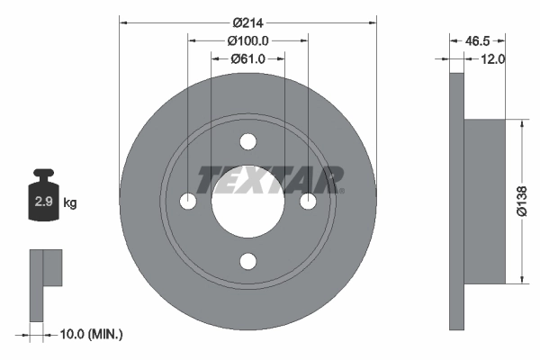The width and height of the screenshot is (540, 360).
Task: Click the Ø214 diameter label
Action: click(x=247, y=22)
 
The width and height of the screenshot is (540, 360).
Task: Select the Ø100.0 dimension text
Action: click(x=248, y=40)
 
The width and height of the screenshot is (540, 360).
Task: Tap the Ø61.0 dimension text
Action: click(x=247, y=59)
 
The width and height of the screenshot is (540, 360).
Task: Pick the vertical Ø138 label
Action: click(x=521, y=201)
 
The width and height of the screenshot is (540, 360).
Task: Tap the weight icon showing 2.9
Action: click(x=42, y=199)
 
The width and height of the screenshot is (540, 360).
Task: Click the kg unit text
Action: click(x=70, y=202)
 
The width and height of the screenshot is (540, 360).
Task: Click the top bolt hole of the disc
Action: click(x=247, y=141)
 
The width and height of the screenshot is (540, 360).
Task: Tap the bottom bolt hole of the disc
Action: click(x=247, y=261)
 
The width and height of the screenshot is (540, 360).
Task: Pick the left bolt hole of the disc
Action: click(x=188, y=202)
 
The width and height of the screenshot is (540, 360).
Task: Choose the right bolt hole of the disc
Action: click(x=308, y=202)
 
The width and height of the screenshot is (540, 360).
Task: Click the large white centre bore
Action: click(x=247, y=202)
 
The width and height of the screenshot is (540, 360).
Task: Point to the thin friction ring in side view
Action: click(x=456, y=202)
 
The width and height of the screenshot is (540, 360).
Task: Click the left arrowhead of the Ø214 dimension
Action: click(x=123, y=22)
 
